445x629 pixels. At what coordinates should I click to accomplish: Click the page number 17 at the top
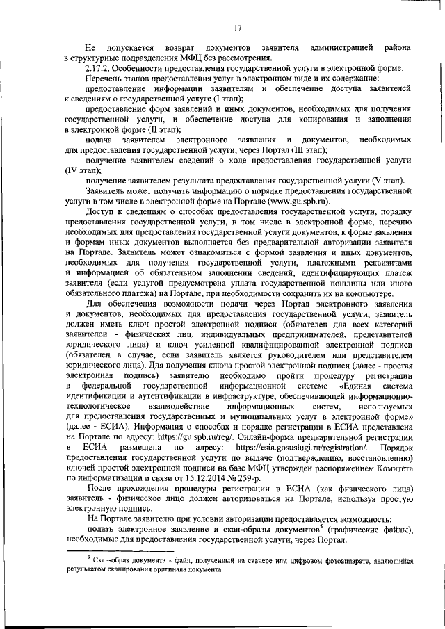(x=237, y=28)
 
